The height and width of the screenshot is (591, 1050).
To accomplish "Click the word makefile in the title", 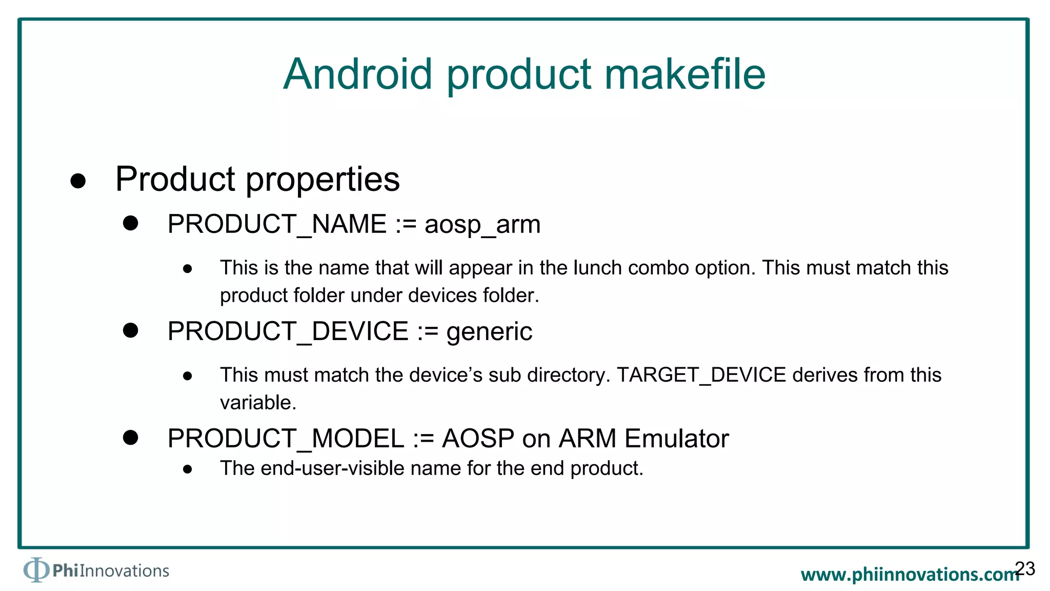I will (684, 74).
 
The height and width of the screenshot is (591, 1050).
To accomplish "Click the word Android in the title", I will (358, 74).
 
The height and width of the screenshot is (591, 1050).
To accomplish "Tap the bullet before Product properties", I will (78, 181).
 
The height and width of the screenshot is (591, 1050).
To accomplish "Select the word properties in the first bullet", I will (322, 180).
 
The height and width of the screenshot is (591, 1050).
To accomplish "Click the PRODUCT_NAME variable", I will (277, 225).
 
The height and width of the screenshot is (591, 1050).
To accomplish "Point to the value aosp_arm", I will (482, 225).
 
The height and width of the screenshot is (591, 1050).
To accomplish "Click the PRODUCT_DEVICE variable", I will (288, 331).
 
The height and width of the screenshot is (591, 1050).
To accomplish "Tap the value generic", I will (489, 332).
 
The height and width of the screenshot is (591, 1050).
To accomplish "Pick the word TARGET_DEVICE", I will (701, 375).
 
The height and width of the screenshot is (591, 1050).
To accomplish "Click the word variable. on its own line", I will (258, 403).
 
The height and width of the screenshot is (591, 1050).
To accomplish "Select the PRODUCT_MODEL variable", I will (286, 439).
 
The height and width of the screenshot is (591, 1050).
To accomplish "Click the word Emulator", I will (676, 439).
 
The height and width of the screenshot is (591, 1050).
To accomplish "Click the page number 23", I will (1025, 568).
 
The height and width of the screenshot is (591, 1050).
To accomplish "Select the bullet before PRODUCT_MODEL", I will (131, 438).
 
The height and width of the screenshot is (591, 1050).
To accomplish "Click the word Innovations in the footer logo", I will (124, 571).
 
